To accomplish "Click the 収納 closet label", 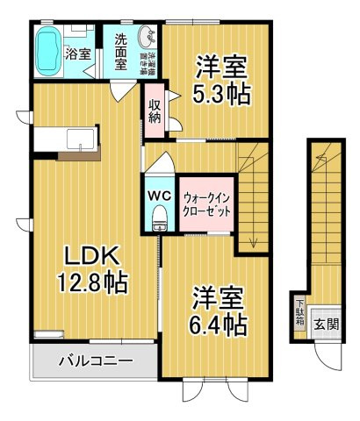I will tap(155, 113).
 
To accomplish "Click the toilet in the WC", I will tap(159, 217).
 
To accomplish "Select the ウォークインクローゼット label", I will tap(206, 204).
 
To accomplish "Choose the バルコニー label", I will tap(95, 360).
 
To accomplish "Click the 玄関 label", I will tap(327, 324).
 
